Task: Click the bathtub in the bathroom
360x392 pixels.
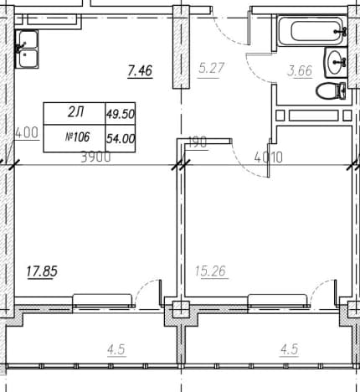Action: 312,30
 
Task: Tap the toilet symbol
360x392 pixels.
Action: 331,90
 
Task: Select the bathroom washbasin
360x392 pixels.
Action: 336,62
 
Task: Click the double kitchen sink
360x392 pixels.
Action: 27,49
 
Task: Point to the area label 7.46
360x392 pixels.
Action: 140,70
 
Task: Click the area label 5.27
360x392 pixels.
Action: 212,68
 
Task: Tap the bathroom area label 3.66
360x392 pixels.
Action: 300,71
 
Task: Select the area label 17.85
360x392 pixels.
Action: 42,271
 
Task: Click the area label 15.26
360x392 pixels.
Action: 211,271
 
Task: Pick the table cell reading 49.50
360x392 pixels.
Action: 121,114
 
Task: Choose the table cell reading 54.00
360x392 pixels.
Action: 121,138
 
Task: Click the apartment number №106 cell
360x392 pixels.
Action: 75,138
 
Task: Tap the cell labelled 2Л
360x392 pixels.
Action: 75,114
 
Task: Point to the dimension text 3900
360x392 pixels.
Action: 95,157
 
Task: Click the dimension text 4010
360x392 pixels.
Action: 269,157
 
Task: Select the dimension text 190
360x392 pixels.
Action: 198,142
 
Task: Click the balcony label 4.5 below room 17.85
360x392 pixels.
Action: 116,350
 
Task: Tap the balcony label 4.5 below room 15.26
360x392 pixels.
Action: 290,349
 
